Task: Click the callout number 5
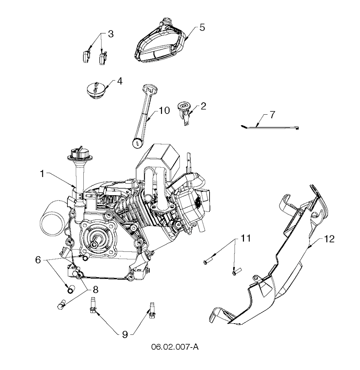202,27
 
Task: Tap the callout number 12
329,239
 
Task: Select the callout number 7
272,115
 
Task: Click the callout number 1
42,174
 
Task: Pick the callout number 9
125,334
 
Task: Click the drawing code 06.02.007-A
175,347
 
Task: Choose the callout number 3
111,34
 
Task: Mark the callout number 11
245,238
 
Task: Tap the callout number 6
38,260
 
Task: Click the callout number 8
95,289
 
